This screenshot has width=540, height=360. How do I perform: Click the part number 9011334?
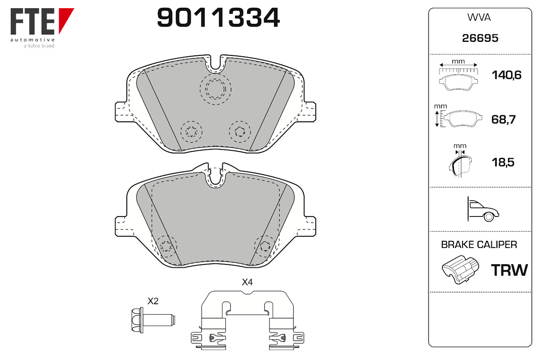(x=218, y=18)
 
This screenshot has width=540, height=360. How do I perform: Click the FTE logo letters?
(x=32, y=21)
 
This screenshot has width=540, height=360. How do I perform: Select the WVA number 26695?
(x=480, y=38)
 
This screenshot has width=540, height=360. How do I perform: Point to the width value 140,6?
(x=507, y=75)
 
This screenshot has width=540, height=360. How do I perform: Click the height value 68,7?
(x=504, y=119)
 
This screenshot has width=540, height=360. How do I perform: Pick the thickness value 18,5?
(x=503, y=162)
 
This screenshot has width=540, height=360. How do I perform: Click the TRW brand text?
(x=509, y=270)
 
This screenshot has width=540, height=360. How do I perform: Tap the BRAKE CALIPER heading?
(x=479, y=244)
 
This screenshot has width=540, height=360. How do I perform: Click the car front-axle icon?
(x=483, y=209)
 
